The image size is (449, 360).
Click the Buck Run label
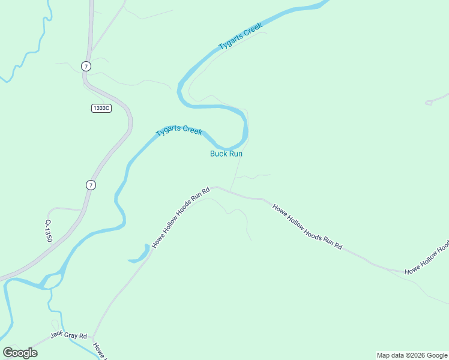[226, 154]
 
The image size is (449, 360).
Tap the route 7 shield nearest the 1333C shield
[86, 66]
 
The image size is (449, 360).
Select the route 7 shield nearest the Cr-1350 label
[90, 185]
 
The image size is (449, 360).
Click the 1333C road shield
[101, 108]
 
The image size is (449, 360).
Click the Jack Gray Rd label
[68, 335]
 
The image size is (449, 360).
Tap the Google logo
[20, 352]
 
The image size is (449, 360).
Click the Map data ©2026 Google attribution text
[411, 355]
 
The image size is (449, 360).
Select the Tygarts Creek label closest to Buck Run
[179, 131]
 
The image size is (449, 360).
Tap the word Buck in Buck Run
[218, 154]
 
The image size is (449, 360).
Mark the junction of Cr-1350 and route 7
[82, 211]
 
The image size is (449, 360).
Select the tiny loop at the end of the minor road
[429, 103]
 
